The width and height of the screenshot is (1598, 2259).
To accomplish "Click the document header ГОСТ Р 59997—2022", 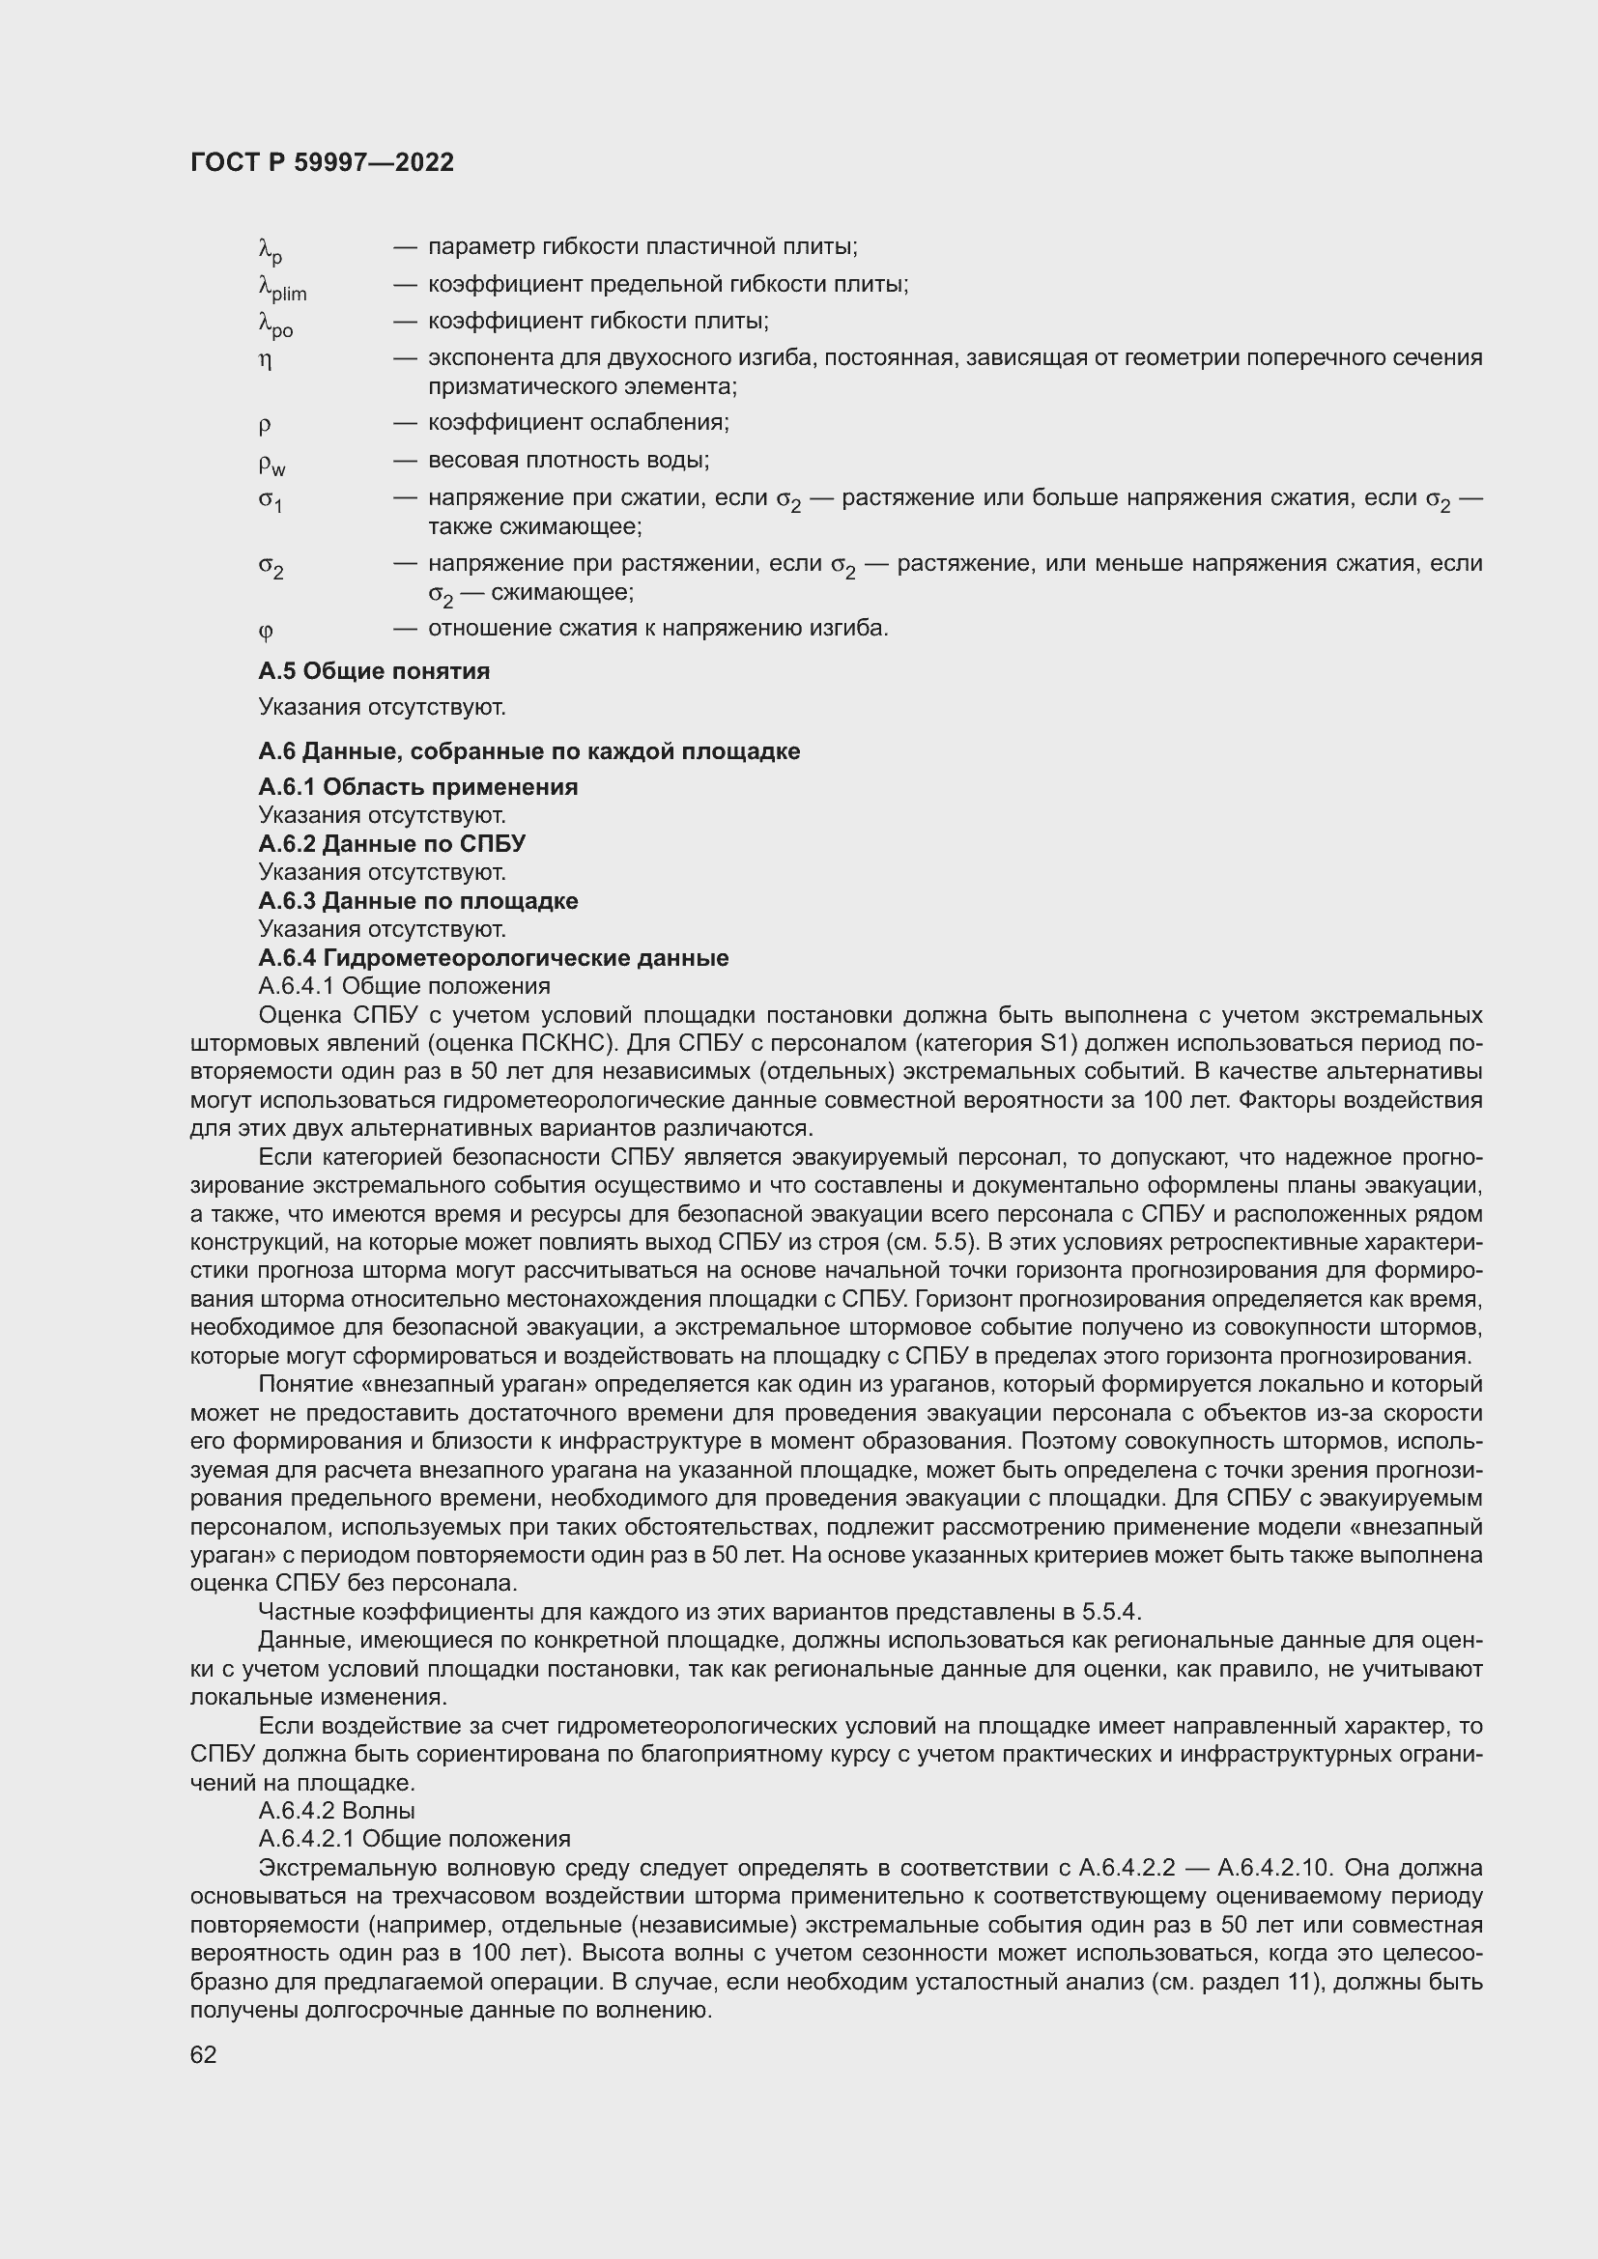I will (x=322, y=162).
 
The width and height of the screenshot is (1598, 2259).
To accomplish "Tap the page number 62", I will (x=204, y=2054).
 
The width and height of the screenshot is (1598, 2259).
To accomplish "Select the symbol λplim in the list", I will (x=281, y=287).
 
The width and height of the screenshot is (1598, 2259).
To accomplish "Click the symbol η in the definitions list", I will (x=265, y=359).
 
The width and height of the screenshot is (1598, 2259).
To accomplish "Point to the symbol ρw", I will (x=271, y=463).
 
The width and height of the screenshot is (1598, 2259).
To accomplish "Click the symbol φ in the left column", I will (x=266, y=629).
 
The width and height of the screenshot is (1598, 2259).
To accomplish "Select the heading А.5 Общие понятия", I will (x=374, y=671).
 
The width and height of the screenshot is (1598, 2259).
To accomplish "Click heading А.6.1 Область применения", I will (x=418, y=787).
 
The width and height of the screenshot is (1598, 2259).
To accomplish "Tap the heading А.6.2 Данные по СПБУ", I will (x=391, y=844).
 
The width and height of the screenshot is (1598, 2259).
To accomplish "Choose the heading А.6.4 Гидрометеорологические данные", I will (x=493, y=958).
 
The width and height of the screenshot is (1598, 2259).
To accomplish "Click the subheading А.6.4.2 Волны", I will (x=335, y=1810).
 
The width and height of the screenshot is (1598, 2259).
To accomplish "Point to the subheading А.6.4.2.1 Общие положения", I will (x=414, y=1839).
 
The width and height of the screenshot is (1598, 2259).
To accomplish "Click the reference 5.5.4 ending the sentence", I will (x=1110, y=1612).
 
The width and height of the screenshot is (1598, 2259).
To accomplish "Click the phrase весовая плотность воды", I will (x=568, y=461).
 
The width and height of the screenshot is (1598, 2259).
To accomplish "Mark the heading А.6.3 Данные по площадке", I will (x=418, y=901).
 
